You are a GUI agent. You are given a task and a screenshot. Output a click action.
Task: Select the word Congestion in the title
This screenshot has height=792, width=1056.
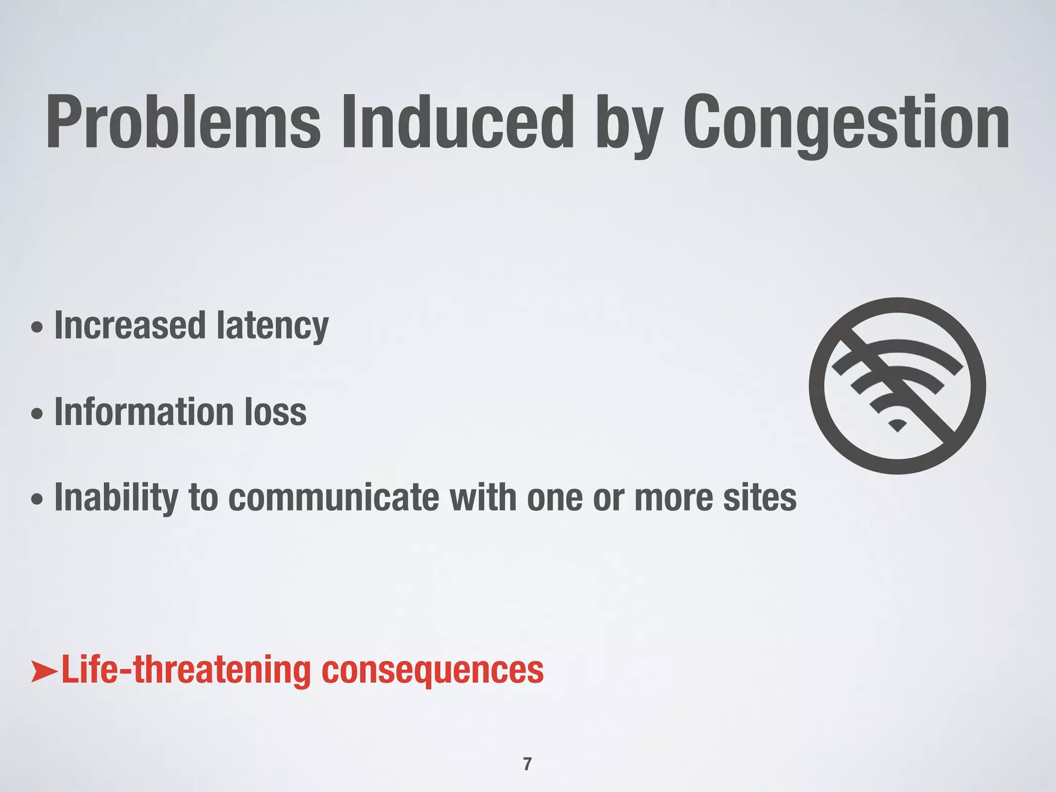846,124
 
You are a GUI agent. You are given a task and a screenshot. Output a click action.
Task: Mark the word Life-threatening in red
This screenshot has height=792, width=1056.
186,670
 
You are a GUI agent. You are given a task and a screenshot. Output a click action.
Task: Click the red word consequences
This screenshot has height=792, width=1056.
433,671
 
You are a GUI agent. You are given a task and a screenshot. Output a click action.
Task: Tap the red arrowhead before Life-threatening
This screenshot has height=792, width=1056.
45,671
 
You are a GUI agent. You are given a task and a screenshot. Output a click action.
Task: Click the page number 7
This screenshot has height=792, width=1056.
527,764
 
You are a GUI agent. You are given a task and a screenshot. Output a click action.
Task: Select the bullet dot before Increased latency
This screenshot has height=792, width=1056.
37,327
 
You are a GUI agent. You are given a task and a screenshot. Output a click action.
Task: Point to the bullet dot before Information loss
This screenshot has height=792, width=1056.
37,414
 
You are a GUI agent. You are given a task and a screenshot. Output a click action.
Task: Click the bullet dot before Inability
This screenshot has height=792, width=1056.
37,500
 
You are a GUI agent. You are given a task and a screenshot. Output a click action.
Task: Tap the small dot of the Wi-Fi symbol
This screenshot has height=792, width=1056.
898,426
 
